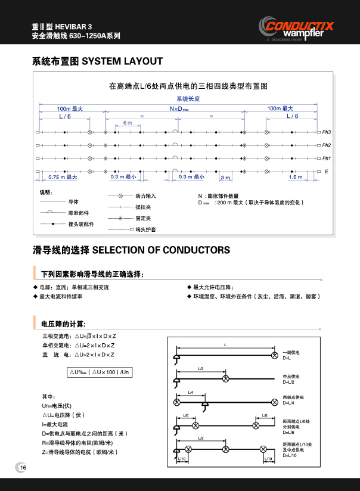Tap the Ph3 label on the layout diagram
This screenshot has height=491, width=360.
tap(326, 132)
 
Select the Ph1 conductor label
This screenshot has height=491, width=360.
tap(326, 159)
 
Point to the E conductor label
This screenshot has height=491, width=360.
tap(326, 172)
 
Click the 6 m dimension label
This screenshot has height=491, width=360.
tap(128, 122)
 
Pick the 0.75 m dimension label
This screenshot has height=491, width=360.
tap(63, 177)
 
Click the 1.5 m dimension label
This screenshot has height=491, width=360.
tap(295, 177)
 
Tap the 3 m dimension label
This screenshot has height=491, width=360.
tap(225, 178)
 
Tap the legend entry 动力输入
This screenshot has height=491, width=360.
tap(145, 195)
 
